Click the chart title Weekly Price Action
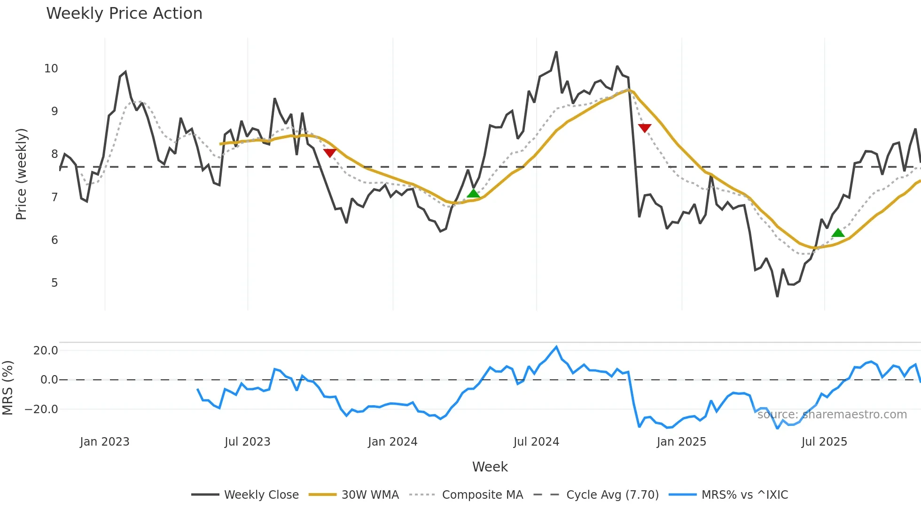tap(124, 14)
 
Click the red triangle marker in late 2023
tap(330, 153)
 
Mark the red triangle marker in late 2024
tap(645, 128)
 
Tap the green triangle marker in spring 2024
tap(473, 194)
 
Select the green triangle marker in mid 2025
tap(838, 233)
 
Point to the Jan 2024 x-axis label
tap(392, 442)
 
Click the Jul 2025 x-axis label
tap(824, 442)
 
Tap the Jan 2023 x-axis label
tap(104, 442)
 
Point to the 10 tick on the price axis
tap(51, 69)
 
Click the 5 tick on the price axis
tap(55, 283)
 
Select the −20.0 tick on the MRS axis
tap(41, 409)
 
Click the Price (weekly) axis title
tap(21, 174)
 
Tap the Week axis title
tap(490, 467)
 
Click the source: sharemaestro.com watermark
tap(832, 415)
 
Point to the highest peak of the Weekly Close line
tap(556, 52)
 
